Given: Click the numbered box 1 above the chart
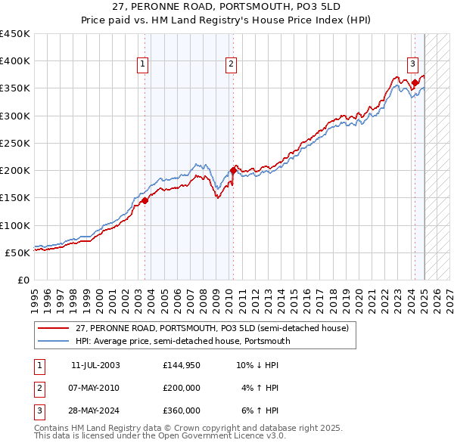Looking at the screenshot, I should click(143, 65).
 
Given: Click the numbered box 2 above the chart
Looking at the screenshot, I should click(231, 65).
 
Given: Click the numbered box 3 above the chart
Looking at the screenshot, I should click(413, 65).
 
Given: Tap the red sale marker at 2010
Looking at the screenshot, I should click(233, 170).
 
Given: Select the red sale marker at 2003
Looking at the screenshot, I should click(145, 200).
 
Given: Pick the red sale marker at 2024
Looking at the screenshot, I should click(415, 82).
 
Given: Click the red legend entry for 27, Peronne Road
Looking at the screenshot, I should click(211, 328).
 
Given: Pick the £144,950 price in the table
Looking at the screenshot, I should click(182, 365).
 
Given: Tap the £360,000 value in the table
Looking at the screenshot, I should click(182, 410).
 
